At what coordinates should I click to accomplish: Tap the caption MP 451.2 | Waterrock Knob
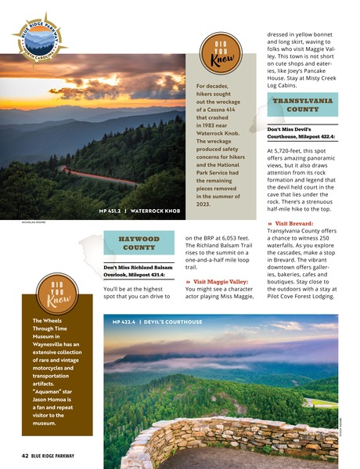pyautogui.click(x=140, y=211)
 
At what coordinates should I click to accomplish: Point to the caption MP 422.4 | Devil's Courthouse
pyautogui.click(x=157, y=322)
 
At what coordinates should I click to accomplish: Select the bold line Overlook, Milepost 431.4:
pyautogui.click(x=135, y=275)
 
